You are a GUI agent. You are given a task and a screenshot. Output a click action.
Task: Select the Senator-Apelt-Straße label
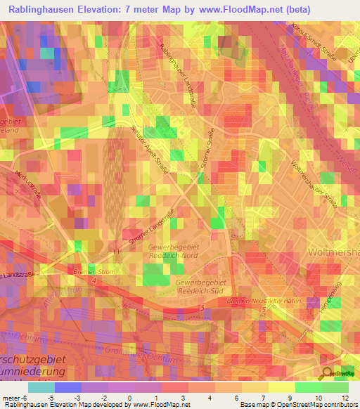[x=153, y=149]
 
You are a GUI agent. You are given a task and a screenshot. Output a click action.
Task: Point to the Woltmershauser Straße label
[x=316, y=184]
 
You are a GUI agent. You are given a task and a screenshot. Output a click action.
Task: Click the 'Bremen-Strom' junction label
[x=94, y=271]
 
